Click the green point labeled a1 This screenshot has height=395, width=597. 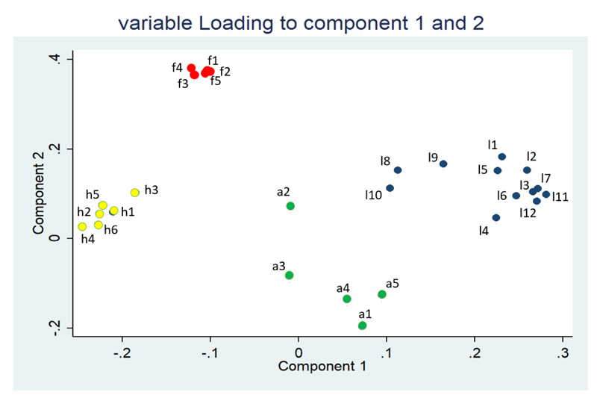point(363,326)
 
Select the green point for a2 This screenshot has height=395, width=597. point(290,206)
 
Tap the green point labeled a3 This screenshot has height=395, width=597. point(290,276)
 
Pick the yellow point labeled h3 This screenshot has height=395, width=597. point(135,193)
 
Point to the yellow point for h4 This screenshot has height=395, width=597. point(82,227)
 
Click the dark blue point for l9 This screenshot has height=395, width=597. point(443,164)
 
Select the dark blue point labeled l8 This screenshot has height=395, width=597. point(398,170)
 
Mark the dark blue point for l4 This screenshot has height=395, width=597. point(496,218)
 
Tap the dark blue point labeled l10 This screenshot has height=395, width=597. point(390,188)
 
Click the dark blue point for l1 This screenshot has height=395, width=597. point(502,157)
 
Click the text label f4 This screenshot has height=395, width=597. point(177,67)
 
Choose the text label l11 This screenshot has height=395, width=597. point(560,197)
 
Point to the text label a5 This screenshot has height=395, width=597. point(393,284)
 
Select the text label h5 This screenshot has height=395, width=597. point(93,194)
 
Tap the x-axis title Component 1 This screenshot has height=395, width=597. point(322,367)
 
